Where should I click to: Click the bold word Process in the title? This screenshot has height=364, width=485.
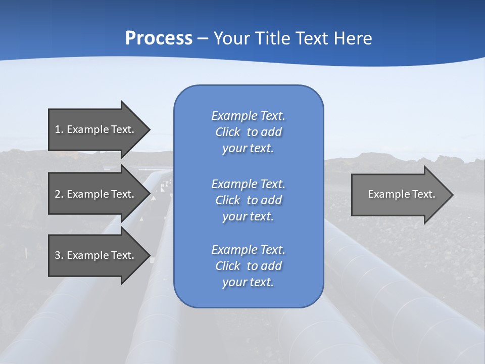coord(159,38)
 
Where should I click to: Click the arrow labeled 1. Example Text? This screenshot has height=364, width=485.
coord(96,129)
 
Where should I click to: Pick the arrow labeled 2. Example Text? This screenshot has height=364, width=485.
coord(96,194)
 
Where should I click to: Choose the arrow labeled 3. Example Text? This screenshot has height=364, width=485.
coord(96,255)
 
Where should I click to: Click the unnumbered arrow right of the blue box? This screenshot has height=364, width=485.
coord(399,194)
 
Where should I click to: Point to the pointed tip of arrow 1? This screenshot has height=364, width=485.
coord(149,129)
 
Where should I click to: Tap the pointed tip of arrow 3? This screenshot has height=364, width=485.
coord(149,255)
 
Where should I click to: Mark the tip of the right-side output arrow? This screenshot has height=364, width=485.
coord(452,194)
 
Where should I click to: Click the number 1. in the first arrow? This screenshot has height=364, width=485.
coord(59,129)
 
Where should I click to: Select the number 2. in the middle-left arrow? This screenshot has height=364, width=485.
coord(59,194)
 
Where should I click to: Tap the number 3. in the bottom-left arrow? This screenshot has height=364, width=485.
coord(59,255)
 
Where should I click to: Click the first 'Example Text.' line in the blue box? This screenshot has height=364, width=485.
coord(248,116)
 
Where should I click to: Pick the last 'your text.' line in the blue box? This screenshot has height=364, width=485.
coord(248,282)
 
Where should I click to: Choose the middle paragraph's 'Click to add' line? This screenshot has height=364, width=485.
coord(248,200)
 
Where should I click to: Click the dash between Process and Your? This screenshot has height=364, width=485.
coord(203,38)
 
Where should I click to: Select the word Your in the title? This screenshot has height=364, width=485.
coord(231,38)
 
